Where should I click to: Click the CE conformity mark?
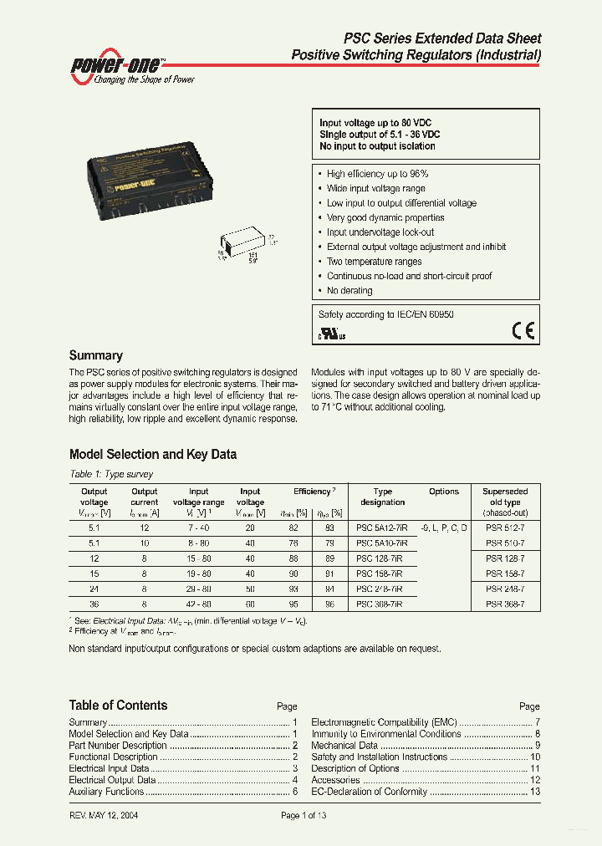[x=523, y=332]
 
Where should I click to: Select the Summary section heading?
[x=95, y=355]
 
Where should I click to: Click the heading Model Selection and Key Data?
[x=152, y=455]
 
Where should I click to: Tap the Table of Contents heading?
[x=118, y=706]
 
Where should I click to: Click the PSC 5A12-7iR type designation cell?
[x=382, y=528]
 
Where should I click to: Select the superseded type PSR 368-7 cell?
[x=506, y=604]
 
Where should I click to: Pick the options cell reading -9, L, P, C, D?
[x=443, y=528]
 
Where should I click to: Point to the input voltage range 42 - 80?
[x=198, y=604]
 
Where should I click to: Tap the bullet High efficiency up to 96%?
[x=377, y=174]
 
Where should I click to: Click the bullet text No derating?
[x=349, y=291]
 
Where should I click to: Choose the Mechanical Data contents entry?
[x=344, y=746]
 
